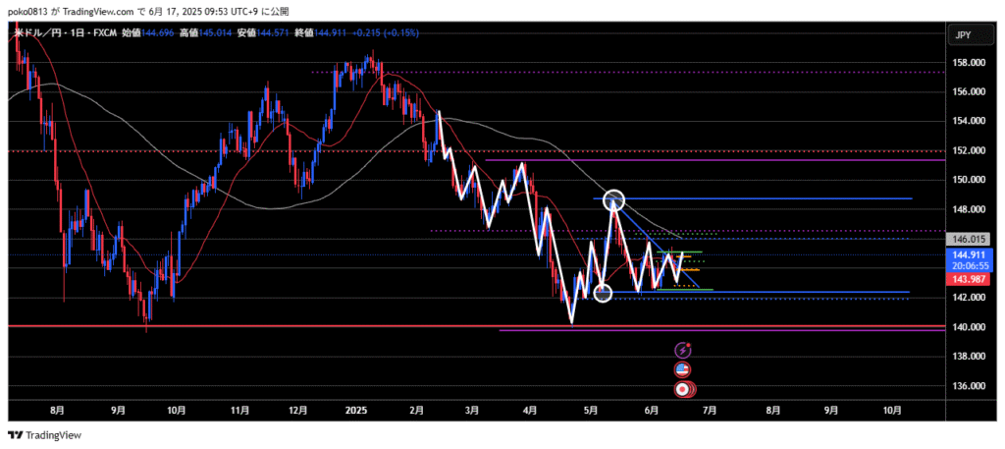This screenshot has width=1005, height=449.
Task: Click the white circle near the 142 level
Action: [x=604, y=292]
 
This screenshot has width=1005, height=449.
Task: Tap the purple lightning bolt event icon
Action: [x=683, y=349]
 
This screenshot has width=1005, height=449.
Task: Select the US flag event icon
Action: [x=683, y=369]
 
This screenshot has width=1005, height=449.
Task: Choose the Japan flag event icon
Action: [x=683, y=389]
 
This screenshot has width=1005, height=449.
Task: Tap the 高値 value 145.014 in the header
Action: [x=217, y=32]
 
